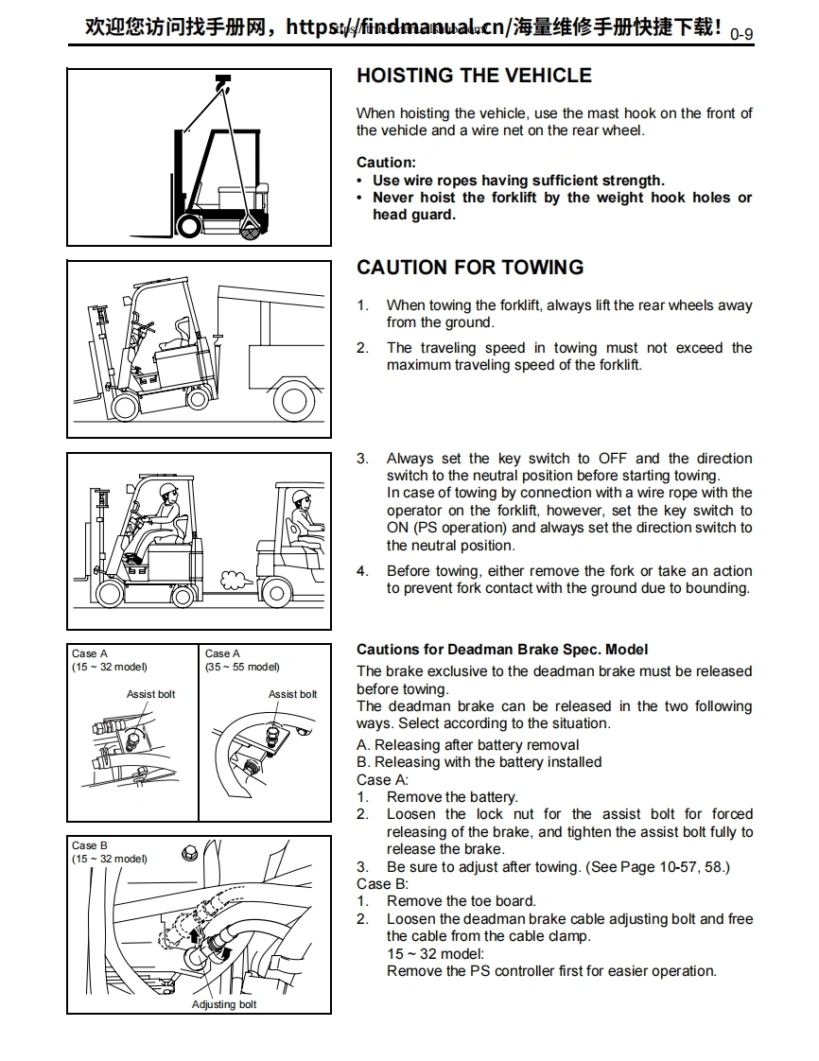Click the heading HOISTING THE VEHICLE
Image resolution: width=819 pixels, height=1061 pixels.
(474, 76)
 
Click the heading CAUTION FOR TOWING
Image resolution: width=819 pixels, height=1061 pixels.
(470, 268)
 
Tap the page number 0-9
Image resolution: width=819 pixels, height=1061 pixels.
(741, 35)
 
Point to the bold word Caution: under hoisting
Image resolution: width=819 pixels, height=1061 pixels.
(386, 163)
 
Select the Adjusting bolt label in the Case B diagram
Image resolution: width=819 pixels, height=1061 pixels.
(224, 1003)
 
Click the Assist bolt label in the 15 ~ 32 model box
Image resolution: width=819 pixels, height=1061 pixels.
(150, 694)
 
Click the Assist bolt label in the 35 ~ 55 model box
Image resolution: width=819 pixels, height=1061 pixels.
(292, 694)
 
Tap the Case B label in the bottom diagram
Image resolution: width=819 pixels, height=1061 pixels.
(90, 845)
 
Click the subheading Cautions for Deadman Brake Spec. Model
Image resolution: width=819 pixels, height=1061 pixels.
(502, 650)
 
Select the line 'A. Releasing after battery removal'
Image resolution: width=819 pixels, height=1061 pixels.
(467, 745)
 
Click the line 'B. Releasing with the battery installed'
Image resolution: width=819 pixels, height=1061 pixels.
(479, 762)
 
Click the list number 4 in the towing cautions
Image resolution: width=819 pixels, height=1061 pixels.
(362, 571)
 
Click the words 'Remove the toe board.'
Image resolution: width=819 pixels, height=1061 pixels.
(461, 901)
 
